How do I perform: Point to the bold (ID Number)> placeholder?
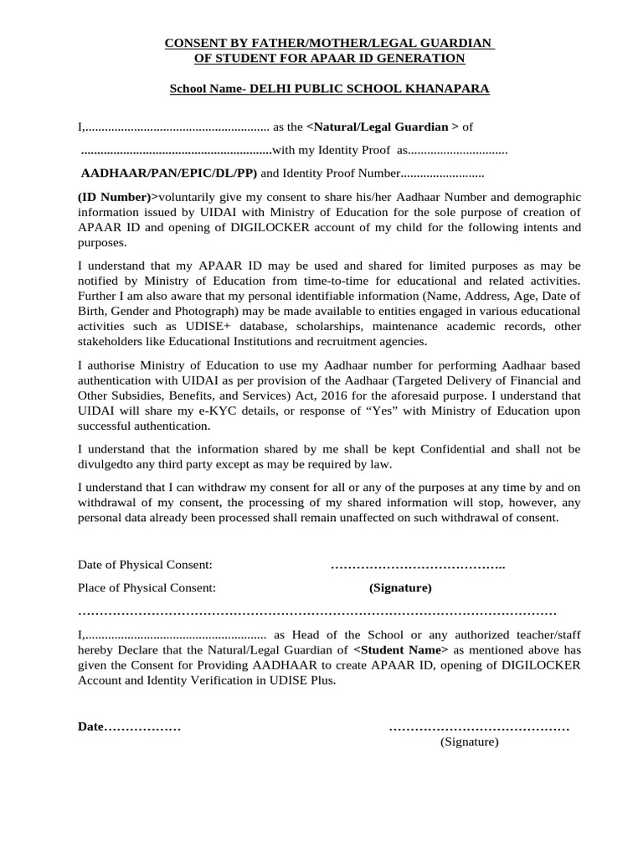[118, 197]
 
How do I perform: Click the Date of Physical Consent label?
[145, 566]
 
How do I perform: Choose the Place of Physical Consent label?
[147, 587]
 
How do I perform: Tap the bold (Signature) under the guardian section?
[400, 587]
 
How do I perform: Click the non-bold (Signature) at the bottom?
[470, 742]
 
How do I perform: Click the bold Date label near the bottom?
[90, 726]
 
